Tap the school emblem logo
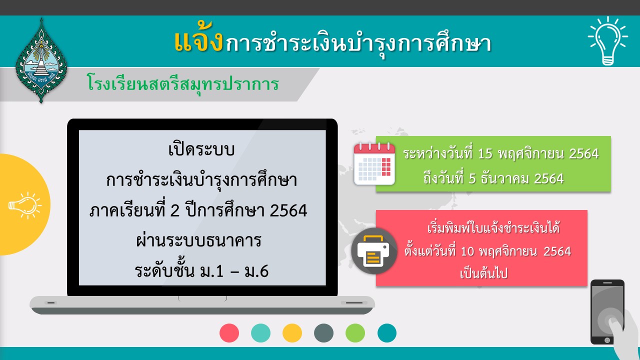[41, 60]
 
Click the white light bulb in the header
[607, 40]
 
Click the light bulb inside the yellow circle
[25, 205]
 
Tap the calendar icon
[374, 164]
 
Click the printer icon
[374, 251]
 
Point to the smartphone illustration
[607, 312]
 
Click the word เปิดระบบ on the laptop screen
[201, 149]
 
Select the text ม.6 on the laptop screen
[256, 271]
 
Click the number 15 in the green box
[485, 153]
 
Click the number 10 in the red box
[467, 251]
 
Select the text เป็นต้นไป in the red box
[483, 273]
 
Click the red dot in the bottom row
[229, 333]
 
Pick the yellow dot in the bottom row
[292, 333]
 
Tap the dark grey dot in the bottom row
[323, 333]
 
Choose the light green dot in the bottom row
[355, 333]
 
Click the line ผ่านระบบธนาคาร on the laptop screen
[198, 240]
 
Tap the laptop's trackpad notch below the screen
[202, 299]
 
